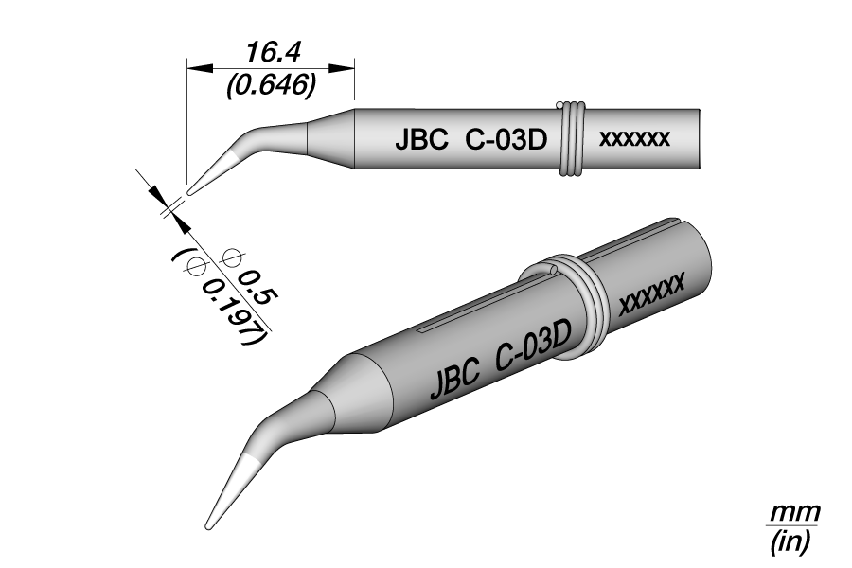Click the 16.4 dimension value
tap(273, 53)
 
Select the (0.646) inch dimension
tap(272, 84)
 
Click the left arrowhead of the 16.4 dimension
tap(199, 68)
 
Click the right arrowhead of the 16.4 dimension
tap(343, 68)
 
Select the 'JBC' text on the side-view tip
tap(421, 141)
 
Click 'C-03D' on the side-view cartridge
tap(506, 141)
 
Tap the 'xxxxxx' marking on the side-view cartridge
tap(634, 139)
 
